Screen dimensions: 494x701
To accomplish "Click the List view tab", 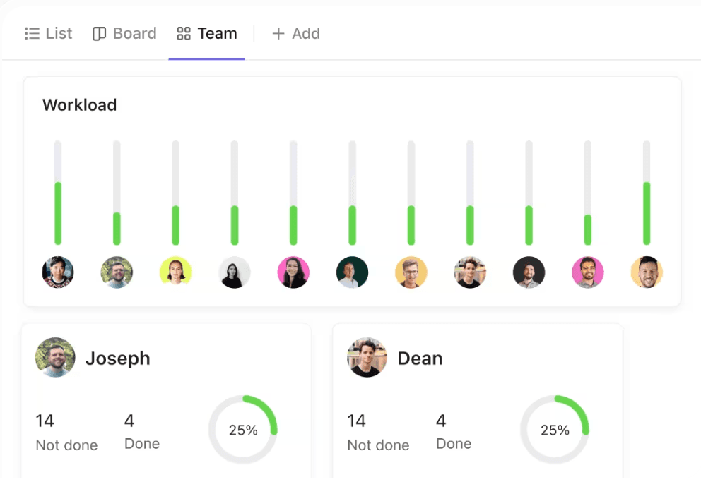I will tap(49, 33).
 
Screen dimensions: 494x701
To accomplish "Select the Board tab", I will tap(125, 33).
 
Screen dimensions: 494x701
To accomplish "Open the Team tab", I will tap(207, 33).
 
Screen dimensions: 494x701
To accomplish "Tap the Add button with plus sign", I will tap(296, 33).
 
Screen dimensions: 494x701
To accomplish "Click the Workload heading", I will tap(79, 105).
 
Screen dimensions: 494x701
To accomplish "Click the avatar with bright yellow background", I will tap(175, 272).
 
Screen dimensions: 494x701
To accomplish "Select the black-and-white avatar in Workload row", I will tap(235, 272).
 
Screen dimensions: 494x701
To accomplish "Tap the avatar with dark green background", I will tap(352, 272).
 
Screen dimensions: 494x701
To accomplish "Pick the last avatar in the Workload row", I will tap(647, 272).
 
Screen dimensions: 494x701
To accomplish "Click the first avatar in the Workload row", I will tap(58, 272).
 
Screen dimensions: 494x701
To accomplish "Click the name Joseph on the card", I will tap(118, 359).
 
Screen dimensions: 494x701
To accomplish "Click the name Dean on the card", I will tap(420, 359).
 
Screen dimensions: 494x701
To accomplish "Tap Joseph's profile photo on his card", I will tap(55, 358).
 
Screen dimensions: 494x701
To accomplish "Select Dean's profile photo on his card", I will tap(367, 358).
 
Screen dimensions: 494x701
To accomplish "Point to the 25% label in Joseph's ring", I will tap(243, 430).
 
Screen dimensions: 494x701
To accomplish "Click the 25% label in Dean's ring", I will tap(555, 430).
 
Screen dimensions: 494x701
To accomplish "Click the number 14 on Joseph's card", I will tap(45, 421).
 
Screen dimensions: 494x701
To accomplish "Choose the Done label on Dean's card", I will tap(454, 444).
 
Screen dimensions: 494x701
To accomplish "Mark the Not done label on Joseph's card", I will tap(66, 445).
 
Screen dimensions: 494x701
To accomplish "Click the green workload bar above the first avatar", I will tap(58, 213).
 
